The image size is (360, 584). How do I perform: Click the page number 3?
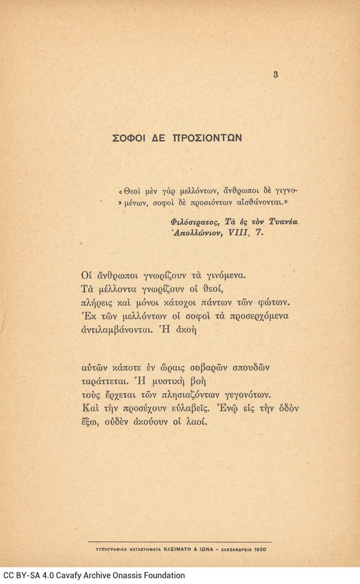point(275,74)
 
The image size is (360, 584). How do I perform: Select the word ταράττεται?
point(103,381)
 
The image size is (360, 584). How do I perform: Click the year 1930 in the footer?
point(260,549)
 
